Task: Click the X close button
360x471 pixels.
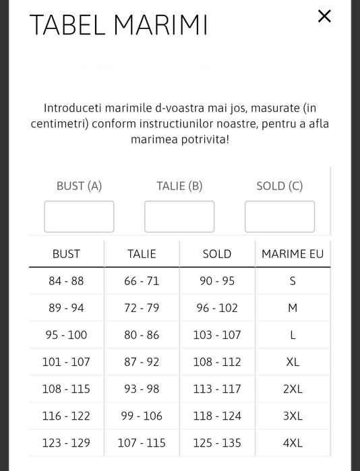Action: pos(324,16)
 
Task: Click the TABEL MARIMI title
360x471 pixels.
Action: pos(119,25)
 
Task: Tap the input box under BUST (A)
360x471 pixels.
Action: pos(79,216)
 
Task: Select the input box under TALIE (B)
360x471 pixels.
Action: pos(179,216)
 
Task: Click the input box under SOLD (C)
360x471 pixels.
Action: pos(280,216)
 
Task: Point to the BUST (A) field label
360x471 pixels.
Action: pos(79,186)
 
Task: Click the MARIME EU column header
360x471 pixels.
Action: pos(293,254)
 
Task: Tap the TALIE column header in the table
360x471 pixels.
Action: pos(142,254)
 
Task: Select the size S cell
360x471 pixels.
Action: pos(293,281)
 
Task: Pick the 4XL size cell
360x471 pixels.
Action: pos(293,443)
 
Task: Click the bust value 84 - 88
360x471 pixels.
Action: pos(66,281)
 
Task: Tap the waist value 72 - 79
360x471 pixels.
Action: pos(142,308)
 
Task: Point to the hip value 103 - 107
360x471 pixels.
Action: pos(217,335)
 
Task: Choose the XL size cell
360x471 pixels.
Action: pos(293,362)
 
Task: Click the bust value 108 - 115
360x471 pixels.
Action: pos(66,389)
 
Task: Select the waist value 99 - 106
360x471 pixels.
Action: pos(142,416)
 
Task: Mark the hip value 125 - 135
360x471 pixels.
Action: pos(217,443)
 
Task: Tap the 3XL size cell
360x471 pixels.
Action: pos(293,416)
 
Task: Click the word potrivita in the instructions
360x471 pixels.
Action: pos(203,139)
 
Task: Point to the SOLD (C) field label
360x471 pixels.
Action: pos(280,186)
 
